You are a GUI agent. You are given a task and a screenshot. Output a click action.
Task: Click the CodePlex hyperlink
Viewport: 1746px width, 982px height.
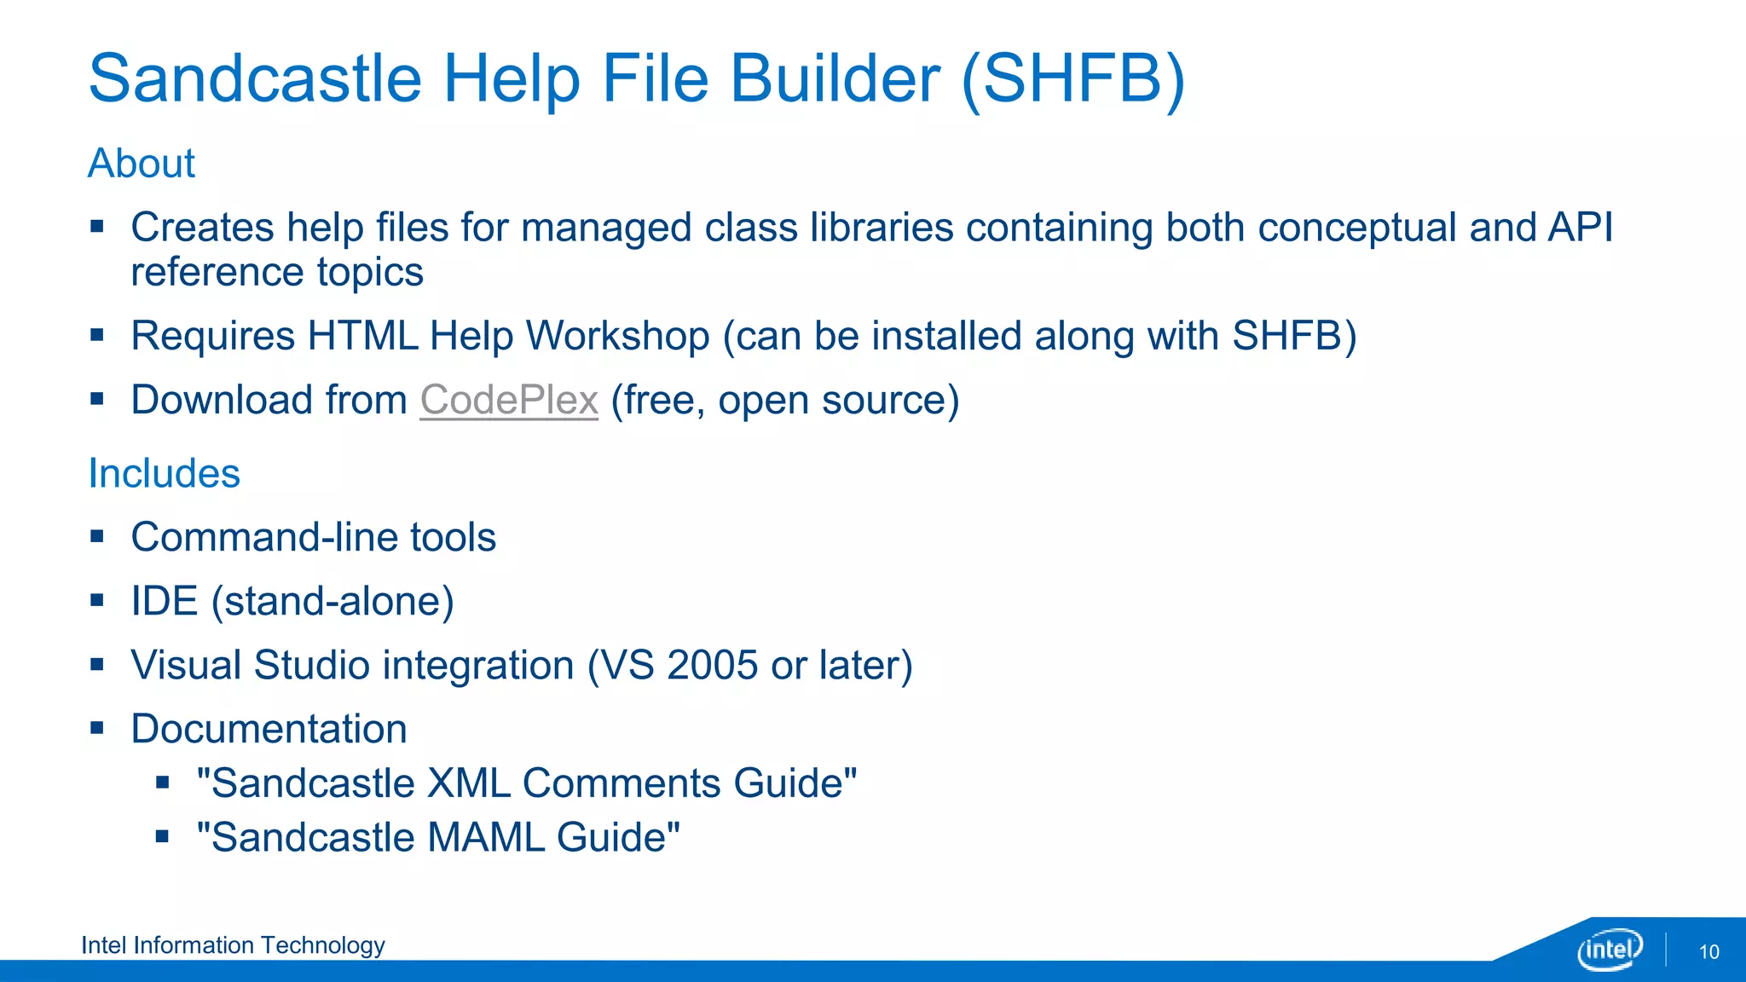(509, 400)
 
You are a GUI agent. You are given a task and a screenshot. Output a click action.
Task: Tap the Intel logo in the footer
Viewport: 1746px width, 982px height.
(1610, 950)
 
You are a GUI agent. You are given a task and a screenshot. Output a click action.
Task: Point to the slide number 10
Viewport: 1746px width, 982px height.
(1708, 952)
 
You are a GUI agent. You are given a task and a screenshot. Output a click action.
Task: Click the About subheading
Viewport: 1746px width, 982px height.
(142, 163)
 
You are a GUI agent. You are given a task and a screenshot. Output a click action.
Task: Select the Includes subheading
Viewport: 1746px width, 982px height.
(165, 473)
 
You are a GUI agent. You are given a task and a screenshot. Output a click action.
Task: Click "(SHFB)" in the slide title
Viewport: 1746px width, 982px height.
(1073, 78)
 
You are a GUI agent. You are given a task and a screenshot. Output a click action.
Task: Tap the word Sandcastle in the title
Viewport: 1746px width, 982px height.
(255, 78)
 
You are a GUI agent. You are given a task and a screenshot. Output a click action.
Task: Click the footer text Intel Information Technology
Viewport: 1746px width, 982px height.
(233, 945)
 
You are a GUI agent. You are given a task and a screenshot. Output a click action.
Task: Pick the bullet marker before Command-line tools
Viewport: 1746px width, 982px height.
(97, 537)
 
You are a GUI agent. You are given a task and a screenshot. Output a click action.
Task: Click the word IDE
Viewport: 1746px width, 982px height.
(164, 601)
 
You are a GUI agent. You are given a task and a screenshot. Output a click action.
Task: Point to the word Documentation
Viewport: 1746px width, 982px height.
(269, 729)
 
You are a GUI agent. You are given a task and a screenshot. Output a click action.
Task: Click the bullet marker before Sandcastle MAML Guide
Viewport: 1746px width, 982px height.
(163, 837)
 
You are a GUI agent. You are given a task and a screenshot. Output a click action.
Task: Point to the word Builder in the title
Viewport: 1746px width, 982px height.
(835, 78)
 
